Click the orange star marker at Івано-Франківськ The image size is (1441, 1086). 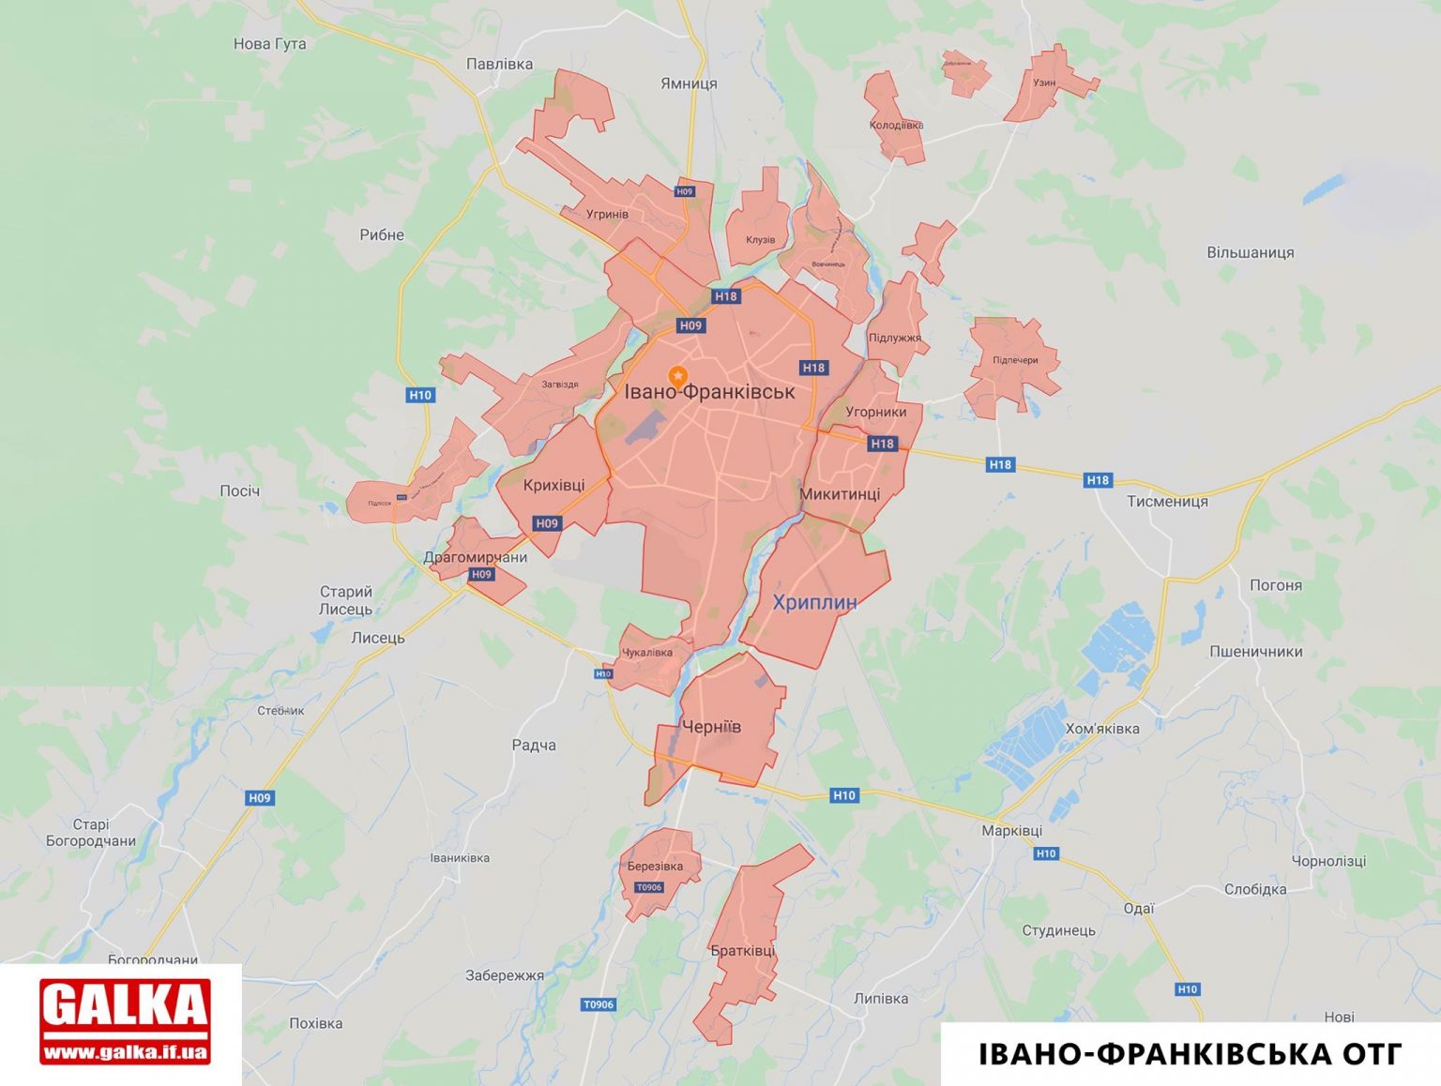coord(677,376)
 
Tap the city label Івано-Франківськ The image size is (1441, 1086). coord(709,392)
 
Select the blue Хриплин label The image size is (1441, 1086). coord(814,602)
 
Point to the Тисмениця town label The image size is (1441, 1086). coord(1167,501)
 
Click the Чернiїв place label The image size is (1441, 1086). coord(711,727)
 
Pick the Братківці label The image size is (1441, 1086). coord(743,951)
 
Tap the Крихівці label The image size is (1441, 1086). coord(554,485)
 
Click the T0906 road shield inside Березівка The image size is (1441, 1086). coord(649,887)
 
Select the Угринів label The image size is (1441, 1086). coord(607,214)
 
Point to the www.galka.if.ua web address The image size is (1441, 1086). coord(125,1052)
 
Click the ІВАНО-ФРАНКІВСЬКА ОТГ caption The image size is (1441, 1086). coord(1191,1054)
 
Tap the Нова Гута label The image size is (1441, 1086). coord(269,44)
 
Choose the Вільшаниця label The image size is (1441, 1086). coord(1250,252)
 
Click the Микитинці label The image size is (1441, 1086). coord(840,494)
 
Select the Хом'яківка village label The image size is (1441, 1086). coord(1102,729)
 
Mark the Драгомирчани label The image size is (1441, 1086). coord(475,557)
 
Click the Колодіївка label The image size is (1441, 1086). coord(896,125)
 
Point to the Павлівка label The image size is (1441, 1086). coord(499,64)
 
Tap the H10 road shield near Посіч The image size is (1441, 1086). coord(420,395)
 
